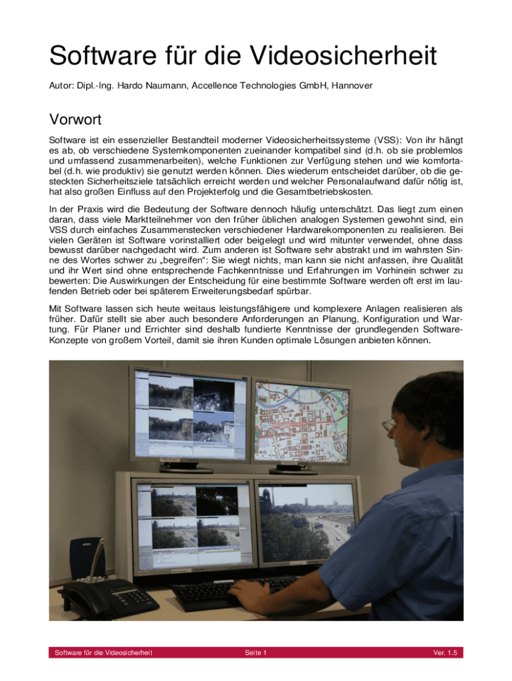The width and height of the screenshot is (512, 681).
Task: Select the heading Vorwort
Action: [75, 120]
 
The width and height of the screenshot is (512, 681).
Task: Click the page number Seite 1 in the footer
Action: [255, 653]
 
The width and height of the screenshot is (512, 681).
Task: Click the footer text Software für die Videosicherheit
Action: [103, 653]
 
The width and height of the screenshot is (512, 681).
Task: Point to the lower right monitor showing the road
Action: [306, 525]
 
